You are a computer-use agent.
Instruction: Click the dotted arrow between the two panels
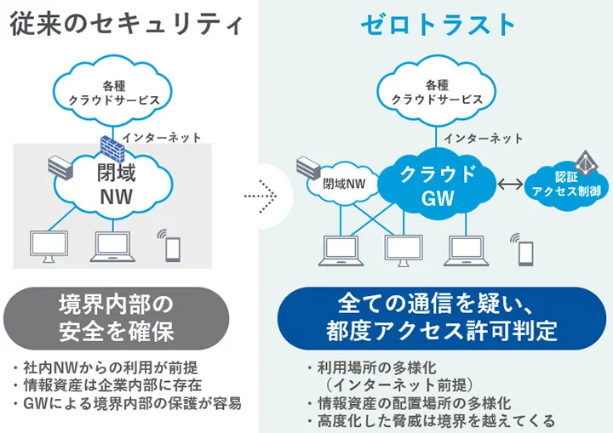[260, 196]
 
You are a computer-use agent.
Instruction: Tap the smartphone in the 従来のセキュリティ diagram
[173, 247]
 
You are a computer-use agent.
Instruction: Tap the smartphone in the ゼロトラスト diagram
[526, 252]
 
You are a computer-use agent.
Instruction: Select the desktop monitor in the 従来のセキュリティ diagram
[49, 245]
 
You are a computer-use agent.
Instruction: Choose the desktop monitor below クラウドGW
[403, 248]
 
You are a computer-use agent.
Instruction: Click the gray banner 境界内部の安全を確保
[116, 318]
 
